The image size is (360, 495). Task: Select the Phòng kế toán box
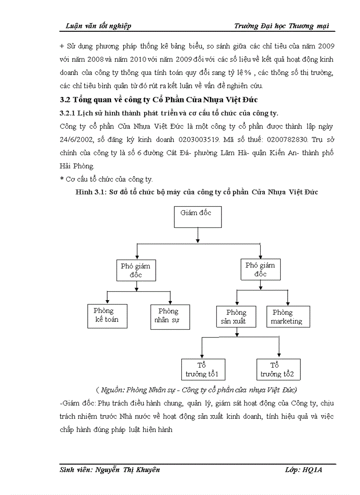107,316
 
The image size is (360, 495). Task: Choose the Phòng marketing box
288,317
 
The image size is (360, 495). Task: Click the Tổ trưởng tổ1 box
203,369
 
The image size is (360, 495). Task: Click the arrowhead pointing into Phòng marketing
288,304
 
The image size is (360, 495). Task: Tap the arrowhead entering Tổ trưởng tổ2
279,355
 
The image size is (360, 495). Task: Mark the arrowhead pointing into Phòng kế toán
107,301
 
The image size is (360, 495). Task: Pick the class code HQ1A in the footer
313,470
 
